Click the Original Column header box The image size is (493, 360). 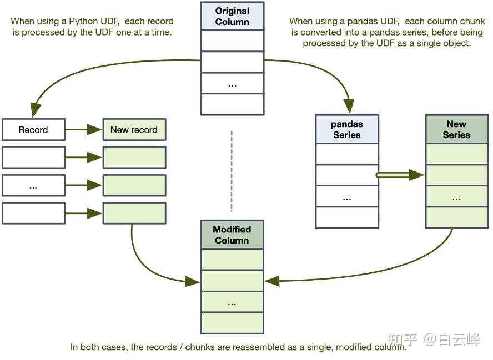(x=233, y=16)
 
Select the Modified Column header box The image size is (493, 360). (x=233, y=235)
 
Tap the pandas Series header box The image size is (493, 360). (x=347, y=129)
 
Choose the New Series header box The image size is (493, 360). (x=457, y=129)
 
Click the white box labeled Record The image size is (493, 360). (x=34, y=129)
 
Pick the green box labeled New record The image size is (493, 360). (x=134, y=129)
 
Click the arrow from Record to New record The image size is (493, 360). (x=84, y=129)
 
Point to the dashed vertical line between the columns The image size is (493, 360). (x=232, y=171)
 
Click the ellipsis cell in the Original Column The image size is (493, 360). (x=233, y=83)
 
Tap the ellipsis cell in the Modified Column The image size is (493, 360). (x=233, y=302)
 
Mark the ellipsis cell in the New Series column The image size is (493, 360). (x=457, y=196)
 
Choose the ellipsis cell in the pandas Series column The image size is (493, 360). (x=347, y=196)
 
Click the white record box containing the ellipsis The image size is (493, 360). (x=34, y=185)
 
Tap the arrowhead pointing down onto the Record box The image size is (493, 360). (x=36, y=110)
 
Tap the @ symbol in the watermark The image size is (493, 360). (x=430, y=339)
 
